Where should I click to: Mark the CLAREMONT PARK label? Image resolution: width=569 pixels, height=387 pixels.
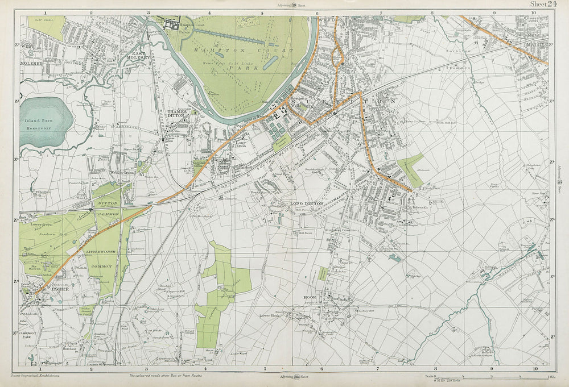click(31, 336)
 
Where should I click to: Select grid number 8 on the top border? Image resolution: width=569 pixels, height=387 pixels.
click(432, 12)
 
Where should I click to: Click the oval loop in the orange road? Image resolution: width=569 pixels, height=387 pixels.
click(338, 56)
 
